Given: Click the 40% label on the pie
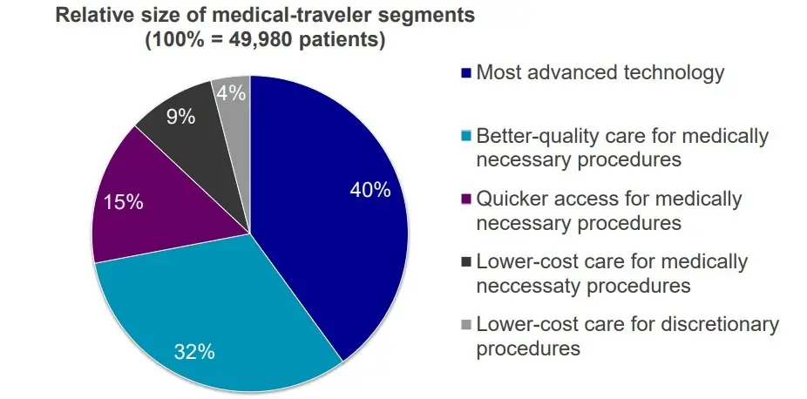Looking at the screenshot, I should point(370,190).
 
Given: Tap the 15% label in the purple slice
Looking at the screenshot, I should point(123,203).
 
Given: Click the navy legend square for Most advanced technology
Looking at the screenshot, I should point(466,72).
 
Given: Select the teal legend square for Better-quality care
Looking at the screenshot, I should point(466,136).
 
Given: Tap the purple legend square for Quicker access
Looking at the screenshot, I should point(466,199).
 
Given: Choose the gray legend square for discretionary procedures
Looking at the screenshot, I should point(466,324).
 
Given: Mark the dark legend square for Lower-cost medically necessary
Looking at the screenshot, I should point(466,261).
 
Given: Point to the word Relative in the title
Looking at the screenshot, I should point(92,15).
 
